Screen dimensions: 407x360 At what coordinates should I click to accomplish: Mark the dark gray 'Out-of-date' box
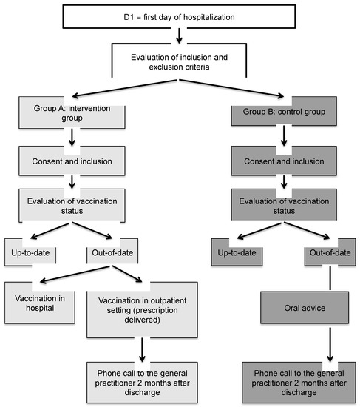pyautogui.click(x=330, y=252)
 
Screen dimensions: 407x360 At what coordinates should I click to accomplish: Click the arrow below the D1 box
pyautogui.click(x=180, y=36)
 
